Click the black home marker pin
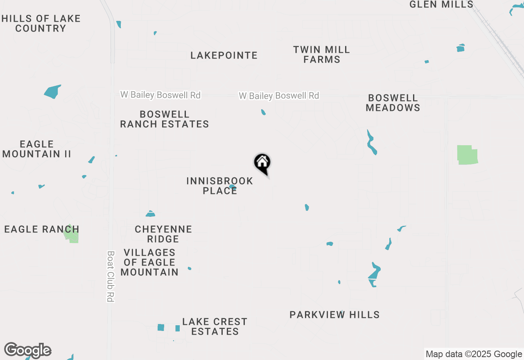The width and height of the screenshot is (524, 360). click(x=262, y=163)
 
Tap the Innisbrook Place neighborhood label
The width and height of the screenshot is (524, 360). click(x=220, y=186)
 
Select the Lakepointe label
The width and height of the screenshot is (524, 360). click(x=224, y=55)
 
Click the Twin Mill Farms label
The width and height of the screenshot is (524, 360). click(x=322, y=54)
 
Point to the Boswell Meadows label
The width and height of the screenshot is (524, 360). click(x=393, y=103)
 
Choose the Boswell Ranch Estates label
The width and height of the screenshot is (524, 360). click(x=165, y=119)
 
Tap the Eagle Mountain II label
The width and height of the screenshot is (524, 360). click(x=37, y=149)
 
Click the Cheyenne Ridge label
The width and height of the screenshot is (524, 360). click(x=163, y=234)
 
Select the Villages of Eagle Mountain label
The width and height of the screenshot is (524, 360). click(x=149, y=262)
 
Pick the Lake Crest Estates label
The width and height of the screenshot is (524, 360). click(x=215, y=326)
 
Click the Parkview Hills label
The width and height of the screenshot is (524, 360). click(x=334, y=315)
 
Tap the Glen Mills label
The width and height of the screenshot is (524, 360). click(x=441, y=4)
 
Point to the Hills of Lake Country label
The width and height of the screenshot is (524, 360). click(x=41, y=23)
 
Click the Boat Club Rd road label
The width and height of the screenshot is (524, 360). click(x=110, y=276)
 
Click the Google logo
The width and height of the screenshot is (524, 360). click(x=28, y=350)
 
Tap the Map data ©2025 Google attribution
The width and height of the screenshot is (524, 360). click(x=474, y=354)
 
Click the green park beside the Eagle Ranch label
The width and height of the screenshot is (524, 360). click(x=72, y=234)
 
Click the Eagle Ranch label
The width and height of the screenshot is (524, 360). click(x=41, y=229)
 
